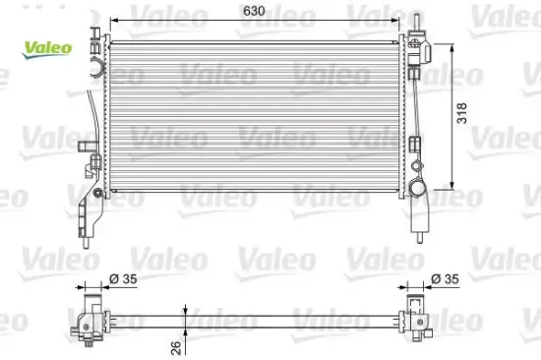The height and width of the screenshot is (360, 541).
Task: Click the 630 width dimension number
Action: pyautogui.click(x=256, y=13)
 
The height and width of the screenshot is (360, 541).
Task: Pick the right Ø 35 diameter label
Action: pyautogui.click(x=445, y=280)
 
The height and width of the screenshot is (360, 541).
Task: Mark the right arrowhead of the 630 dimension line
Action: pyautogui.click(x=400, y=21)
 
